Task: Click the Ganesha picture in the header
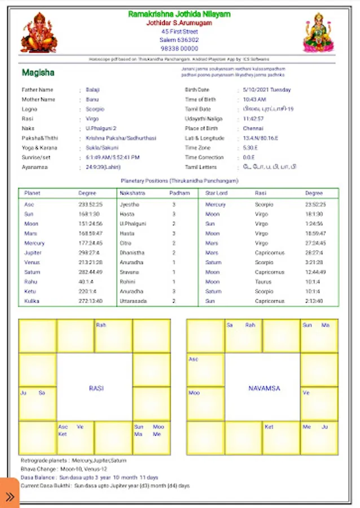[39, 33]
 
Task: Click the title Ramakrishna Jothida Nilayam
[179, 14]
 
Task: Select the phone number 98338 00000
[179, 49]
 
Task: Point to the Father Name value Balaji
[92, 90]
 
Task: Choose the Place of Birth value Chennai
[253, 129]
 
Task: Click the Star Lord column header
[217, 193]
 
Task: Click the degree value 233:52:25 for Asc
[90, 204]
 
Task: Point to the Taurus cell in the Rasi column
[262, 282]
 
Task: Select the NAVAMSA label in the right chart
[264, 388]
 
